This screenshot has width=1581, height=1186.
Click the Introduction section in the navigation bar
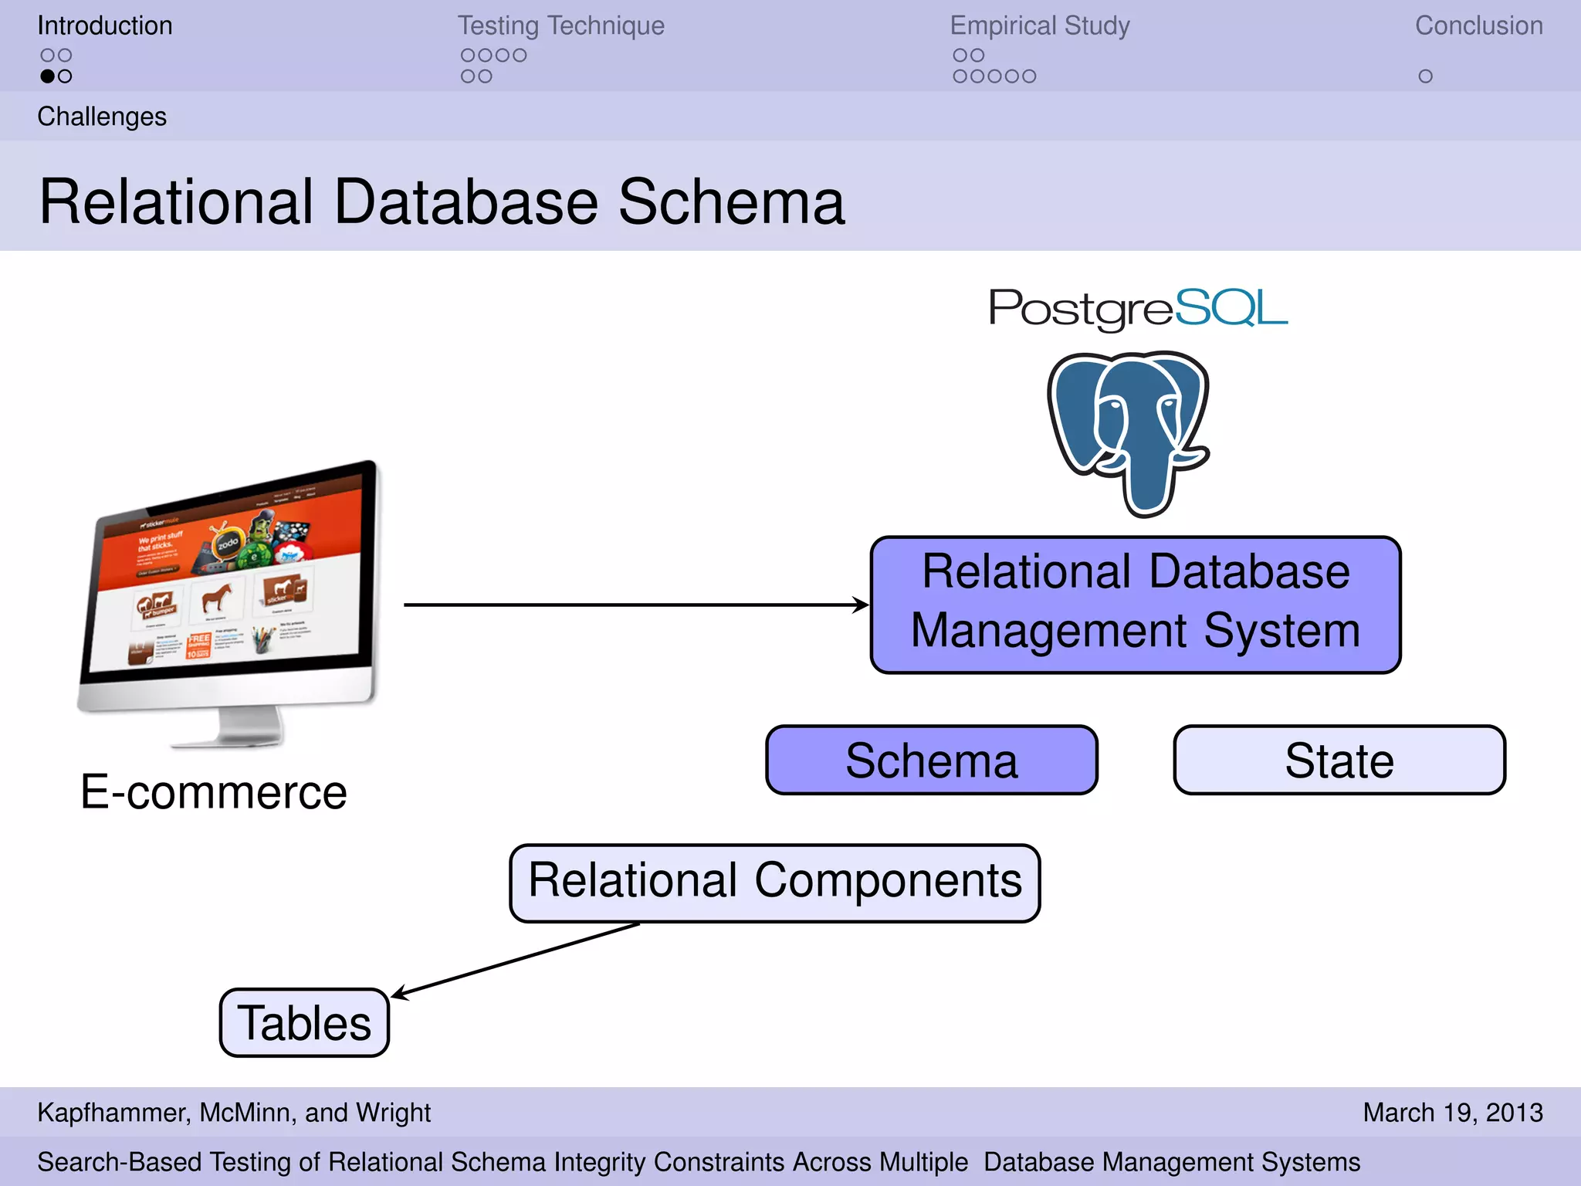105,25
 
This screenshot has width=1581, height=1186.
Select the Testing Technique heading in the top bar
560,25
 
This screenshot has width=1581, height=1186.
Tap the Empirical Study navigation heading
1039,25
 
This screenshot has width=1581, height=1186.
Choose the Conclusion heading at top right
1478,25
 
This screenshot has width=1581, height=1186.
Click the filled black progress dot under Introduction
47,76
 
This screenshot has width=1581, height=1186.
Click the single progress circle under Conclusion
1425,76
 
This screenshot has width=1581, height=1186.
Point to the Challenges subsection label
102,117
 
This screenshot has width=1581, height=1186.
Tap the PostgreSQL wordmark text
1138,308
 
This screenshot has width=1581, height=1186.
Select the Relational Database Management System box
1135,605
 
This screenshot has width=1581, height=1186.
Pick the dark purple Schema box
931,760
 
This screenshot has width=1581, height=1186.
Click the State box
1339,760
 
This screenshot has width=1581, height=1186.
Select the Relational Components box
774,883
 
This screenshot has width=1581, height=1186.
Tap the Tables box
304,1022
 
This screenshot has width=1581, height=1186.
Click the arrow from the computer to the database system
633,605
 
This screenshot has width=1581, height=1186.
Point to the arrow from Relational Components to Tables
516,960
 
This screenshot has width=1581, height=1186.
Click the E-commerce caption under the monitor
213,792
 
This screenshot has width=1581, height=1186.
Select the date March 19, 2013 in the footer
1452,1112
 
